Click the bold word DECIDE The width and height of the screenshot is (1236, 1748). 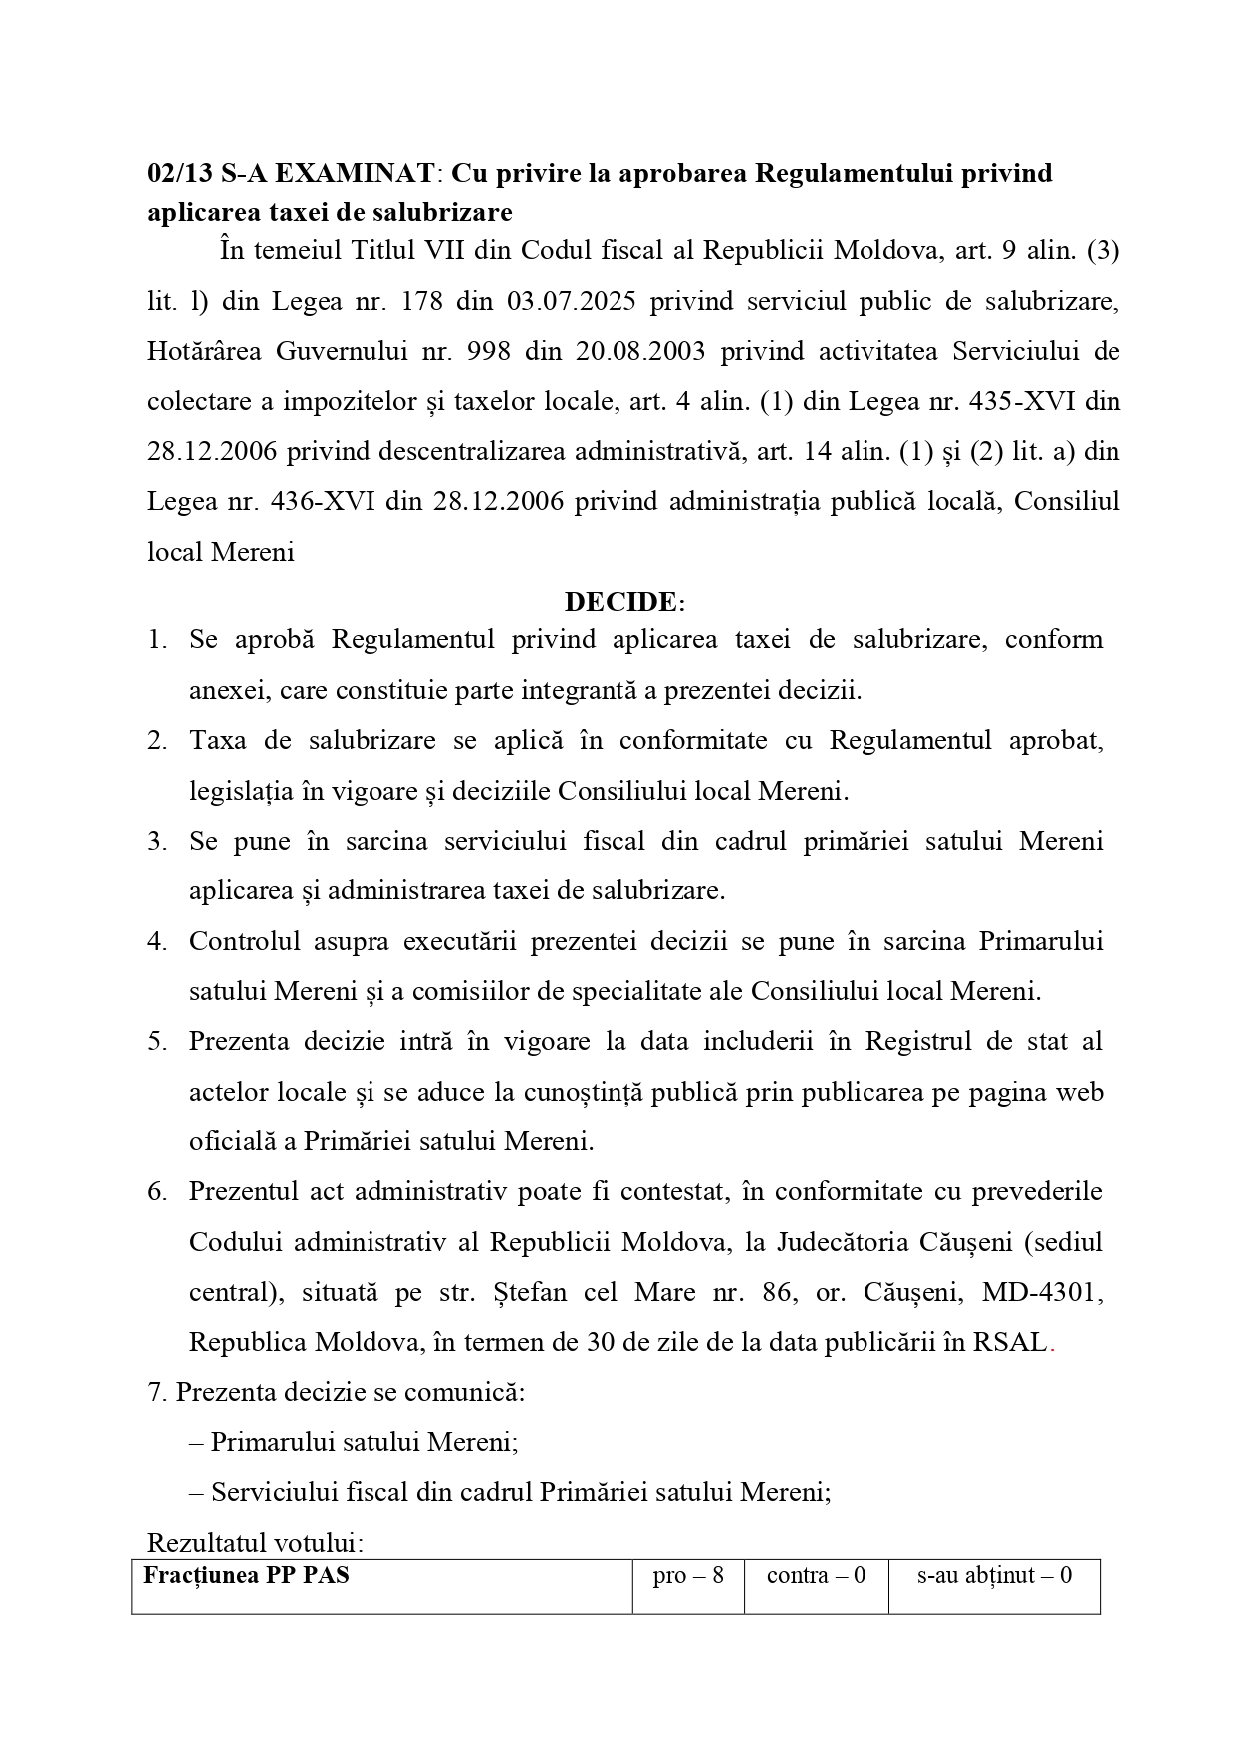[620, 602]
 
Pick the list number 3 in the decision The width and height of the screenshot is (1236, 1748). [156, 841]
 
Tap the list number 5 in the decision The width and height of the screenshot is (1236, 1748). [156, 1041]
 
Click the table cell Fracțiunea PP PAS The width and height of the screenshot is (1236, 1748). [247, 1576]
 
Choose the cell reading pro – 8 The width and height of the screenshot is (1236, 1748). [688, 1576]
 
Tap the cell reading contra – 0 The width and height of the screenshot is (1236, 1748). [816, 1576]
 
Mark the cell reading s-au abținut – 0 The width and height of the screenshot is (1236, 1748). [994, 1576]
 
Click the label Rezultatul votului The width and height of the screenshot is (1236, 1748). [255, 1543]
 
